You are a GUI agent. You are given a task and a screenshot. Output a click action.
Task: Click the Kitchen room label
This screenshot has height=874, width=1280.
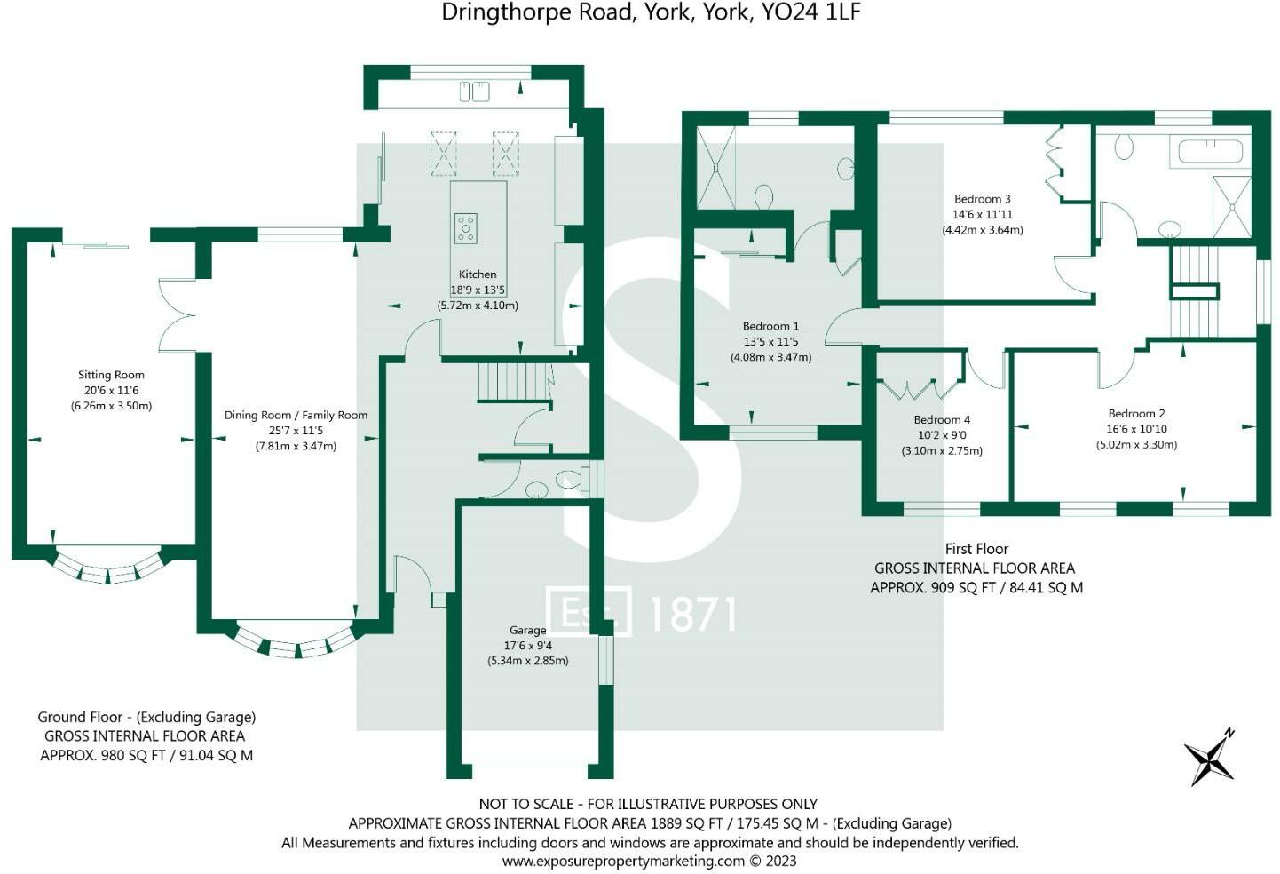[478, 274]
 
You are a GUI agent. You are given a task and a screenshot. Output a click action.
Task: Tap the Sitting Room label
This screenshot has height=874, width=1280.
[111, 375]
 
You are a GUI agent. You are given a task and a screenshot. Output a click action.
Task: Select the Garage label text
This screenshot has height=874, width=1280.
[528, 631]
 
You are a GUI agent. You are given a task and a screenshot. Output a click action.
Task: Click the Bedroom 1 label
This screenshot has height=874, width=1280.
[770, 326]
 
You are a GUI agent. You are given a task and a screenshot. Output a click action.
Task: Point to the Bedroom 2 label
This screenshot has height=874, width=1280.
[1136, 413]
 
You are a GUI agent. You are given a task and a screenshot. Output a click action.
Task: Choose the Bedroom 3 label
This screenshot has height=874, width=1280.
[983, 199]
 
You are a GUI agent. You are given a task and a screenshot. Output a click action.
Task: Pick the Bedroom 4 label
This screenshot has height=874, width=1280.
[942, 419]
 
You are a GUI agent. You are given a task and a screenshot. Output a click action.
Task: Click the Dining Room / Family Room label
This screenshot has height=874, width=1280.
[296, 415]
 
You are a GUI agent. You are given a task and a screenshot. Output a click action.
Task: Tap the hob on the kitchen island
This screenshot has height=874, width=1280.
[465, 228]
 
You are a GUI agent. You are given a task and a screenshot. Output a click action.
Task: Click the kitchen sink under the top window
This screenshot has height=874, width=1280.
[475, 91]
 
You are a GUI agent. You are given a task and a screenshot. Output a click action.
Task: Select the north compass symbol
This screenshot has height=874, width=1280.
[1210, 758]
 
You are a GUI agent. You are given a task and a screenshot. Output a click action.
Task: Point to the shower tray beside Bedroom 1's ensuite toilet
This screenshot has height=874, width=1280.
[716, 167]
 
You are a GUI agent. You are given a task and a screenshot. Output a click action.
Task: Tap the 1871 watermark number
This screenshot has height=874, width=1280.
[692, 614]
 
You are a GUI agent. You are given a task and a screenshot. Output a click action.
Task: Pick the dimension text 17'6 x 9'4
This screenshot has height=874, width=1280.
[528, 646]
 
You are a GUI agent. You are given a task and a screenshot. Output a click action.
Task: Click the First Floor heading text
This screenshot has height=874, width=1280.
[976, 549]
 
